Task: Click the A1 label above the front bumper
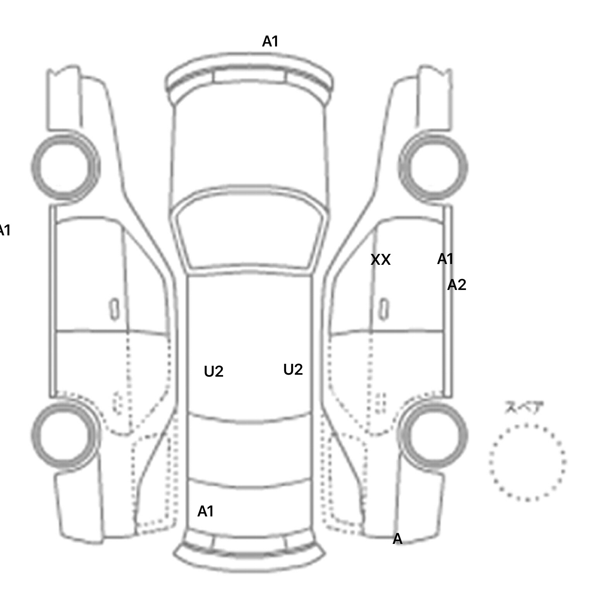coord(270,41)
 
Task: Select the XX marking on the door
coord(380,260)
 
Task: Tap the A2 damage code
coord(456,285)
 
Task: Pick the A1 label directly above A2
coord(445,259)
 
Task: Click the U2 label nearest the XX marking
coord(293,370)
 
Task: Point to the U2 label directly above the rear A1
coord(213,372)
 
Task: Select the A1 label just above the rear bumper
coord(206,511)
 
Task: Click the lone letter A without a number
coord(397,539)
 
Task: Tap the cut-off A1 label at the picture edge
coord(5,230)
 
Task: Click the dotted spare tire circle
coord(527,462)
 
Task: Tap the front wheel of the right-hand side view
coord(433,167)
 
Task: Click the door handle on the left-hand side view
coord(114,309)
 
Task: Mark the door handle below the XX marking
coord(383,309)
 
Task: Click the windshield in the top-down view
coord(250,234)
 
